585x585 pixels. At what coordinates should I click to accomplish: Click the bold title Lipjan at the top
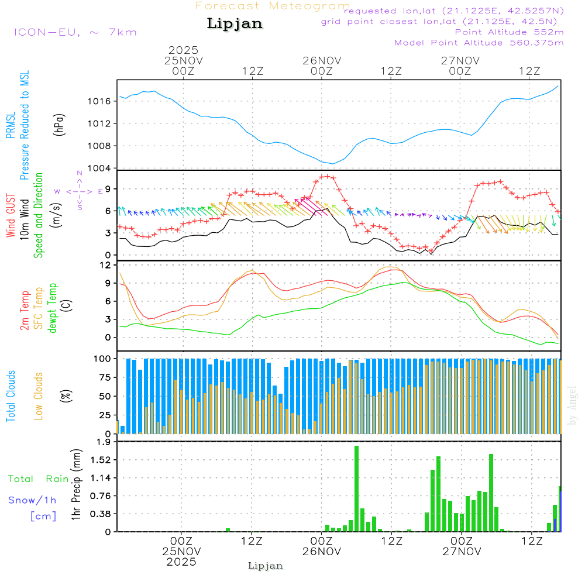tap(235, 24)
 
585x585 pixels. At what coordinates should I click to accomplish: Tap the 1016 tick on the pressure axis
tap(104, 101)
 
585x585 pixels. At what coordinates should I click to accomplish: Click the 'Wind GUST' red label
tap(11, 217)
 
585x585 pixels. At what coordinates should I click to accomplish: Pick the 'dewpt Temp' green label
tap(53, 308)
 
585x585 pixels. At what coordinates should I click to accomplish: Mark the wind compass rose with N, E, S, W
tap(80, 191)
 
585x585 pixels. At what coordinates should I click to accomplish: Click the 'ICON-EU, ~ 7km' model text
tap(75, 32)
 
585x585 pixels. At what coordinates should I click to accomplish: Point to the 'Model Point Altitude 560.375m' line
tap(479, 43)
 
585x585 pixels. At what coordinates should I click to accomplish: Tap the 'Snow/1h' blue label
tap(32, 500)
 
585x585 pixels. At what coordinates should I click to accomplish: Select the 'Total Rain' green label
tap(38, 479)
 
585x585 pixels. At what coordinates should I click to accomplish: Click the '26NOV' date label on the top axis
tap(321, 60)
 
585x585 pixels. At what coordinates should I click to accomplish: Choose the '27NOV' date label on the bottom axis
tap(462, 551)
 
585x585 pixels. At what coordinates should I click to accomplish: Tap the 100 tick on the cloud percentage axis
tap(104, 358)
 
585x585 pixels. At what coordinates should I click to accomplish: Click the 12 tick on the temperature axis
tap(105, 265)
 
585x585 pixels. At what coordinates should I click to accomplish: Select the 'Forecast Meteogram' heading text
tap(273, 6)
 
